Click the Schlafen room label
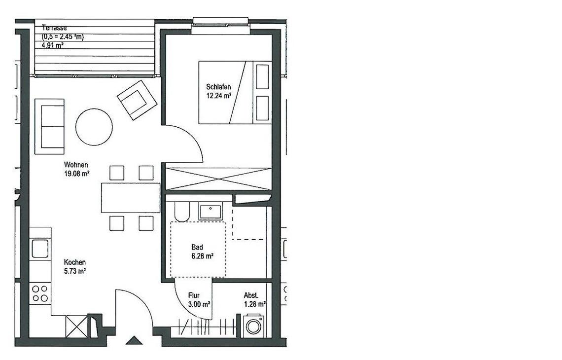point(218,87)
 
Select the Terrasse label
point(54,28)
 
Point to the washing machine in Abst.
point(254,326)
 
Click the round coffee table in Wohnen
point(94,127)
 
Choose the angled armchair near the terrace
point(137,100)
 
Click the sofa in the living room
point(49,127)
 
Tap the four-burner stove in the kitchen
point(40,293)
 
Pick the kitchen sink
point(40,249)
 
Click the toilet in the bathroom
point(182,212)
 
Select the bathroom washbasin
point(211,212)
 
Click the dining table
point(131,198)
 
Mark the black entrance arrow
point(134,340)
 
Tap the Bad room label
point(197,247)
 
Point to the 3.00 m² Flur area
point(199,305)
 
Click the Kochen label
point(75,262)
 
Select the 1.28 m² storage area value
point(255,305)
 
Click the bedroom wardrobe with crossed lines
point(218,179)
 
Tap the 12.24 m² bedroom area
point(218,96)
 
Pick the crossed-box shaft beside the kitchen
point(76,326)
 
